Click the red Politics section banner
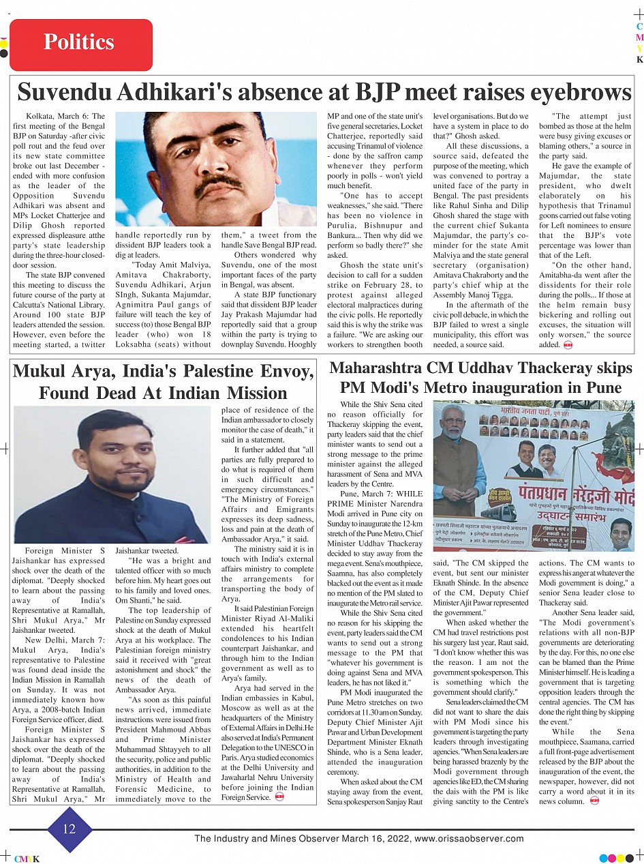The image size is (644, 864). pos(80,42)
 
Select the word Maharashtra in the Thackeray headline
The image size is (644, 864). pos(378,368)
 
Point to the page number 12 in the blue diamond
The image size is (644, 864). pos(70,829)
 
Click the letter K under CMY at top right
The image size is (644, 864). pos(639,60)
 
